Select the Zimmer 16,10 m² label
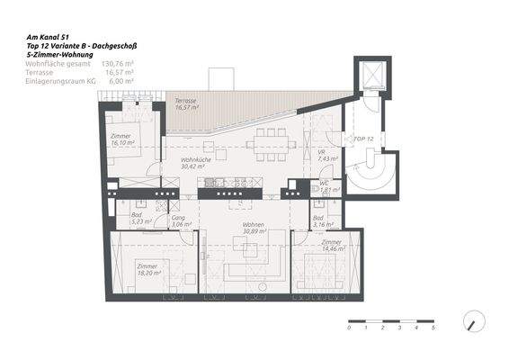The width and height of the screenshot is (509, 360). pos(121,139)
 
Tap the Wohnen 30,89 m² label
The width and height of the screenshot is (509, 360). pos(240,229)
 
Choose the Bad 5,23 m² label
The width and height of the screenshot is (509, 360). pos(136,218)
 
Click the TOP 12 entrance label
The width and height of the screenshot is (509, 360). pos(363,140)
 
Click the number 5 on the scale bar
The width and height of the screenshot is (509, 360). pos(433,328)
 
